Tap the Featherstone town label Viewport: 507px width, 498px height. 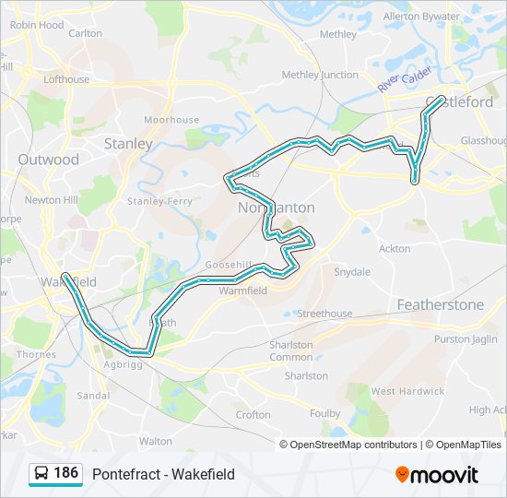point(440,304)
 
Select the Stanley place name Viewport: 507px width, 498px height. point(128,144)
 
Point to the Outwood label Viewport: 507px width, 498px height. point(49,160)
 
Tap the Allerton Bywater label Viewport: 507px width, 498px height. point(421,17)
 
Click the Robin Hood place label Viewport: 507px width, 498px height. point(37,26)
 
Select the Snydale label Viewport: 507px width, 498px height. point(351,272)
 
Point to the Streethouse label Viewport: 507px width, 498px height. point(324,314)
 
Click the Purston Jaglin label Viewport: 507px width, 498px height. point(466,339)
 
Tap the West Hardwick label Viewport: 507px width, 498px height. point(407,391)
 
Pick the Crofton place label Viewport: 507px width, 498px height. point(253,415)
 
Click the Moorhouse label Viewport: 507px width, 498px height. point(171,120)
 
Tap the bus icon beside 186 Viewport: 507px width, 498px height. point(41,474)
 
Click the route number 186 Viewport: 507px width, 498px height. point(66,473)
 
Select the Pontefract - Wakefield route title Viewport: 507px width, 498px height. point(163,474)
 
